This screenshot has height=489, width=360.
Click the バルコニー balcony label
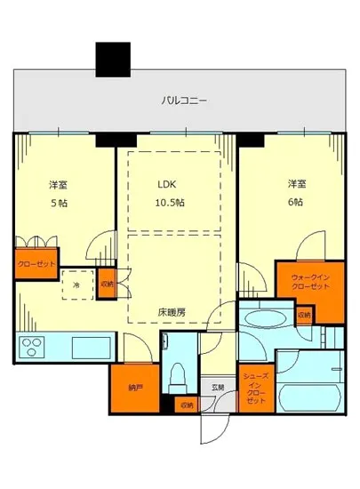[x=184, y=101]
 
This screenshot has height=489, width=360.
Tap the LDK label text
[x=168, y=186]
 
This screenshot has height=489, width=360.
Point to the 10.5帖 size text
[x=168, y=203]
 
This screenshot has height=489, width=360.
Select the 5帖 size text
[x=57, y=203]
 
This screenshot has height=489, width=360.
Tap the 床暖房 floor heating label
[x=172, y=312]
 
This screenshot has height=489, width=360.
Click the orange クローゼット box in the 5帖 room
[x=36, y=264]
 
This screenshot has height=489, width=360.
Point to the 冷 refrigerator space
[x=76, y=286]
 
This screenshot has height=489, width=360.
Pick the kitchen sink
[x=89, y=346]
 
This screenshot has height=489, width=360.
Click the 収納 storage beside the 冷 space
[x=107, y=284]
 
